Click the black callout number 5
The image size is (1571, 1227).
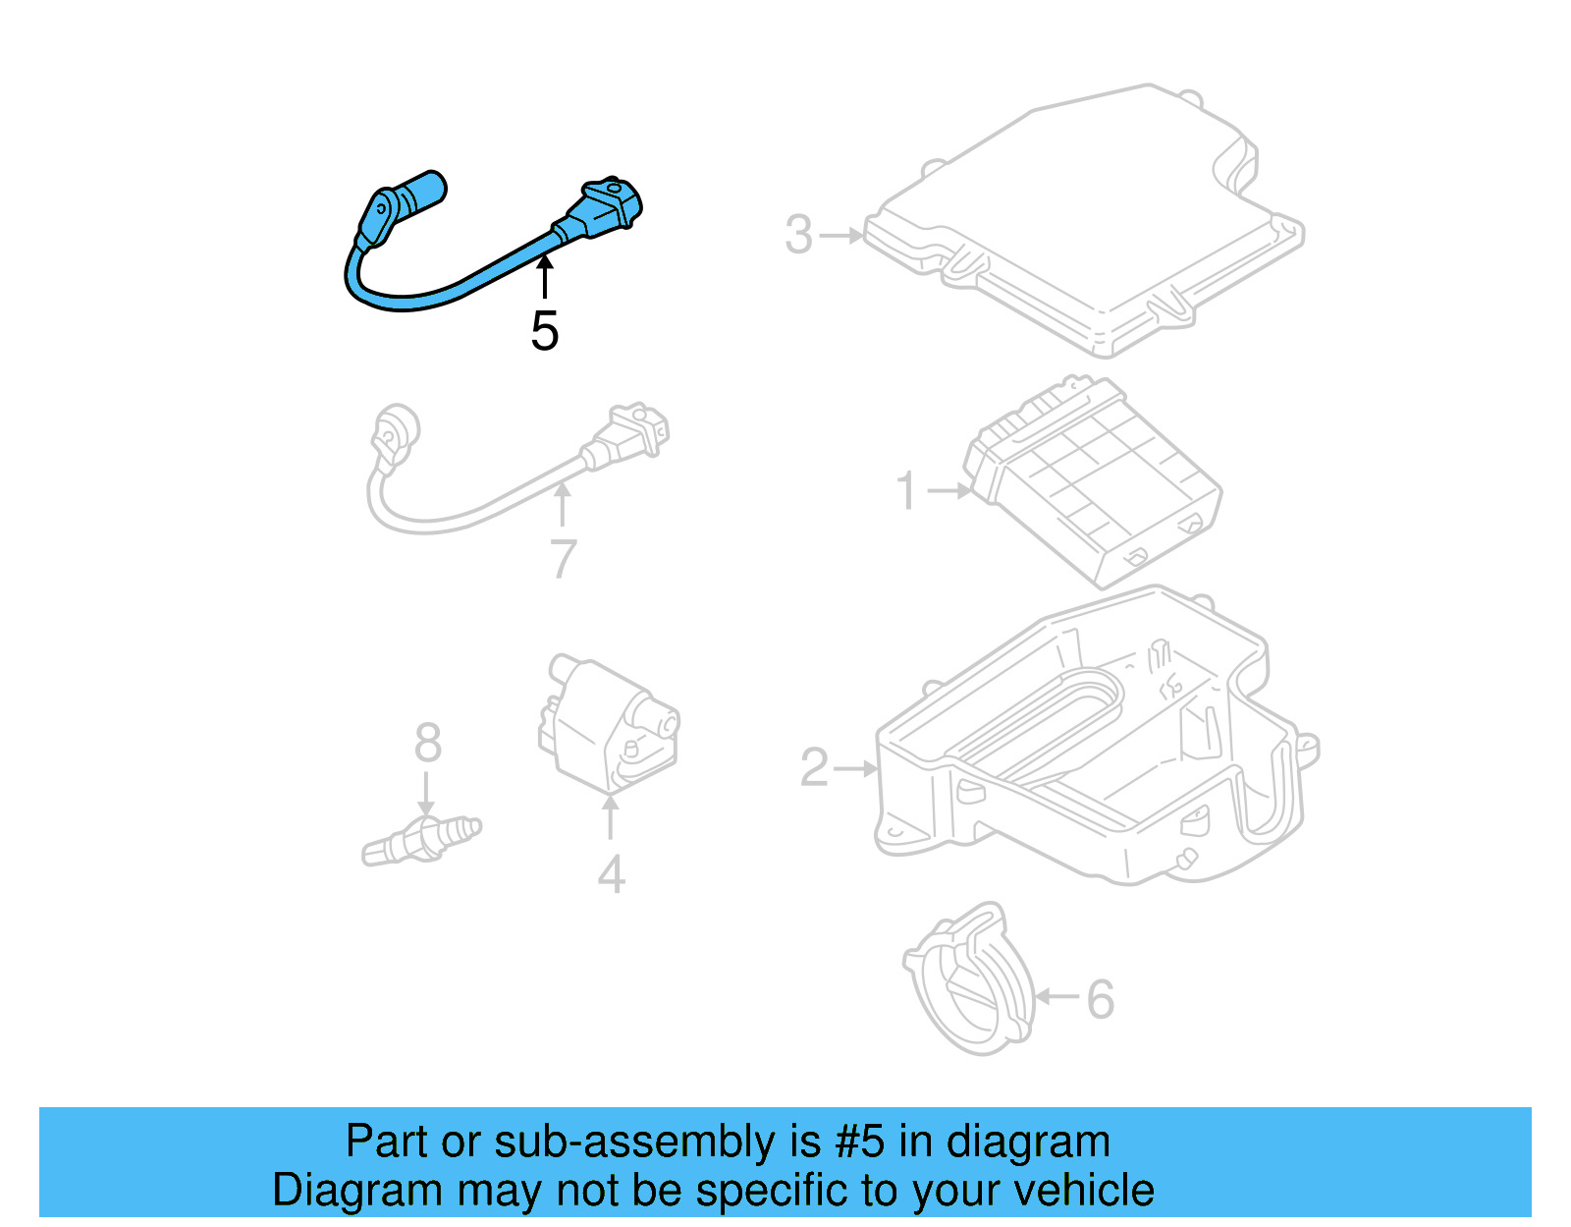545,331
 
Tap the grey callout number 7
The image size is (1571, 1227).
563,559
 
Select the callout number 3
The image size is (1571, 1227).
799,236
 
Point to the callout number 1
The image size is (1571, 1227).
906,491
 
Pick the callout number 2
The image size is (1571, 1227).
815,768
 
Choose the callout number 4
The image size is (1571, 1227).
611,874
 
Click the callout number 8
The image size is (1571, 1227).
427,744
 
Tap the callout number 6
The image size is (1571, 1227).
1100,999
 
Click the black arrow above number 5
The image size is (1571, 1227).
545,276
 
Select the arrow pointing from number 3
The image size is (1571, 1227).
840,236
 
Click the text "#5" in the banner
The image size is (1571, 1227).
860,1143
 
